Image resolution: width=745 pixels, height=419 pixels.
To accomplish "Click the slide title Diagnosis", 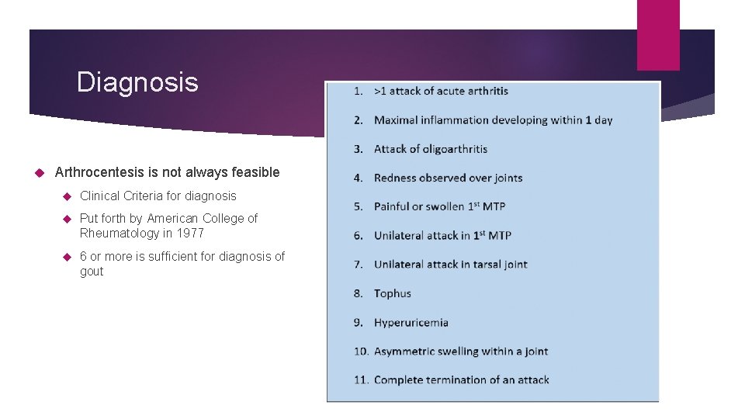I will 137,82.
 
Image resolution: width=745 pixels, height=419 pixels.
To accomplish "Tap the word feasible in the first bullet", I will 253,172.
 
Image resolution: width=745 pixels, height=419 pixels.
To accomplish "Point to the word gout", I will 92,271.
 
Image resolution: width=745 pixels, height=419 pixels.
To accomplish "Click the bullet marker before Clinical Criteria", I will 67,196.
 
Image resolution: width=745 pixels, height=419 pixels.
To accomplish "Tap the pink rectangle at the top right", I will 657,34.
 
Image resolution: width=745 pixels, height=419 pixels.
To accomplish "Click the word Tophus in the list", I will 392,293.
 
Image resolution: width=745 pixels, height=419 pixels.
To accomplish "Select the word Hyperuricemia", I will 411,322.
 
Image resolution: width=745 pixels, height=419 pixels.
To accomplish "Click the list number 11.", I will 361,380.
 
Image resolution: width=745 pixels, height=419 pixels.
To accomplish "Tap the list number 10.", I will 361,351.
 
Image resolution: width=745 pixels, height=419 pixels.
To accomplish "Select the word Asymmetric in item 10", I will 405,351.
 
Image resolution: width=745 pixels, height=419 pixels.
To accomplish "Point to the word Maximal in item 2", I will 396,120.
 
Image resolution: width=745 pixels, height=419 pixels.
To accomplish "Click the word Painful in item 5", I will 393,206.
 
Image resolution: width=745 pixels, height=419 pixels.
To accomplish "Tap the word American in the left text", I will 174,219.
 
